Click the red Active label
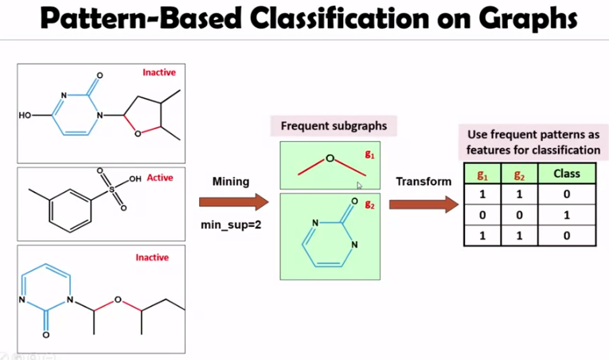[x=160, y=178]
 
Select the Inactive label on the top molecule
[x=159, y=72]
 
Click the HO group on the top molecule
[x=25, y=115]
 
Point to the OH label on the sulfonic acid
[x=135, y=179]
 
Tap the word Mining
[x=230, y=182]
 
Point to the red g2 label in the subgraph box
[x=369, y=205]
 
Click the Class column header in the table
[x=567, y=173]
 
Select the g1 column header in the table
[x=482, y=174]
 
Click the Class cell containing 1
[x=567, y=214]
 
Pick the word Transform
[x=424, y=182]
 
